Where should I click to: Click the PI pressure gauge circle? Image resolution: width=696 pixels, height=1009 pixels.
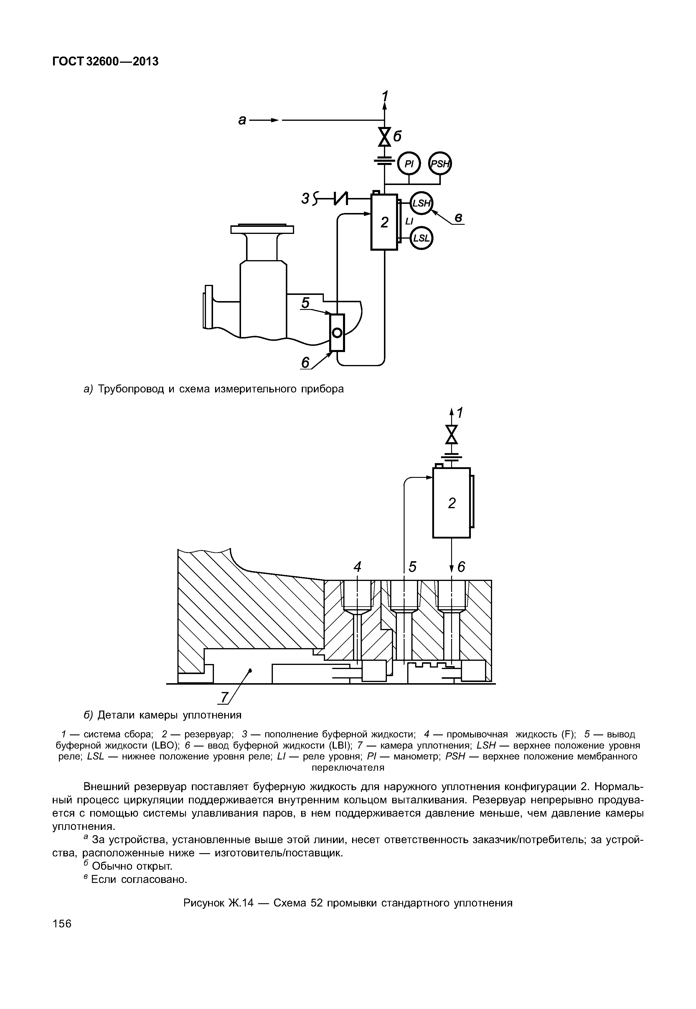(x=409, y=164)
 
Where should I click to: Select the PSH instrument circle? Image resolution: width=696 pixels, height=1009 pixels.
(x=440, y=164)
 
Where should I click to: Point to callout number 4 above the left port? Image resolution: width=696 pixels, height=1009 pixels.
(x=358, y=567)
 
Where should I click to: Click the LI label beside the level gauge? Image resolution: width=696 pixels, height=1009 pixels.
(x=409, y=222)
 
